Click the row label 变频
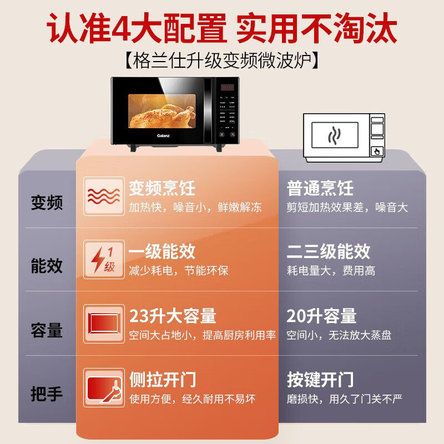[x=47, y=203]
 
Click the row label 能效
[x=47, y=266]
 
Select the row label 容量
[x=47, y=330]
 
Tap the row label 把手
[x=47, y=395]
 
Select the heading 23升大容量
[x=173, y=316]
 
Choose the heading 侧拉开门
[x=162, y=380]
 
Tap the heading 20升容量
[x=321, y=316]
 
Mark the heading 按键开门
[x=320, y=380]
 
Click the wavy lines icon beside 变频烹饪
[x=104, y=196]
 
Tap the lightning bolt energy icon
[x=104, y=260]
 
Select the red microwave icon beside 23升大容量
[x=104, y=324]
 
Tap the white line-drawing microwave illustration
[x=344, y=137]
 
